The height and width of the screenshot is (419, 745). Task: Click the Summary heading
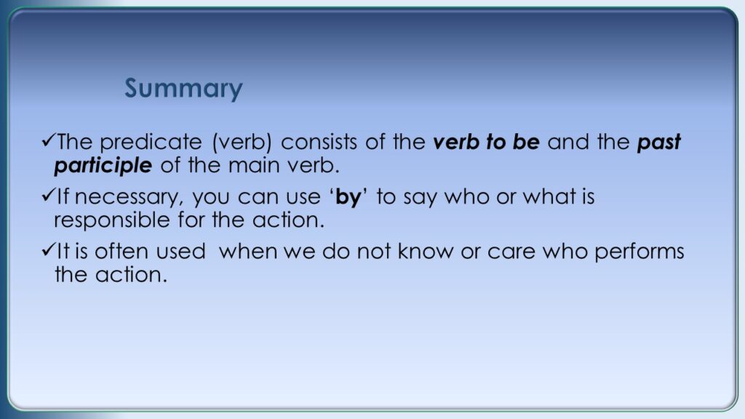click(183, 88)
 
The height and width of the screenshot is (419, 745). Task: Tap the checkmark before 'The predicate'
click(49, 140)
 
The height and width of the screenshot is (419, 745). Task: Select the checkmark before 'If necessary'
click(49, 195)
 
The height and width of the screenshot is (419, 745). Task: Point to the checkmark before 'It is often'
click(49, 250)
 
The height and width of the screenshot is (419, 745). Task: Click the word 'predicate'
click(151, 142)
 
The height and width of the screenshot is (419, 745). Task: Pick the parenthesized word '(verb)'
click(242, 142)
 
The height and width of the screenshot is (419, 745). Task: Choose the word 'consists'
click(319, 142)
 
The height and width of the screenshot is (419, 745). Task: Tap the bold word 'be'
click(526, 142)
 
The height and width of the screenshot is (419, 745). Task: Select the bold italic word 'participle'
click(103, 166)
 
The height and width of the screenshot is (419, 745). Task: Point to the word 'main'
click(252, 166)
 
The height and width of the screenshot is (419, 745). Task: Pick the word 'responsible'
click(112, 220)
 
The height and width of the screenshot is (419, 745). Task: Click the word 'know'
click(426, 251)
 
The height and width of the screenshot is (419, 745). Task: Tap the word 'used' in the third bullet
click(181, 251)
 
